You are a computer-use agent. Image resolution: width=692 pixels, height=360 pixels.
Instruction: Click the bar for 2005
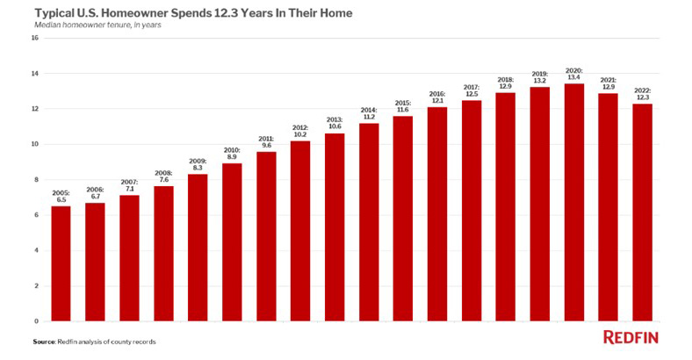61,263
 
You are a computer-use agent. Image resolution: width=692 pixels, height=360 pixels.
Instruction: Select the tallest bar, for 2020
573,202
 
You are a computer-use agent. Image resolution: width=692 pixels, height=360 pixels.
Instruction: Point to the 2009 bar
198,247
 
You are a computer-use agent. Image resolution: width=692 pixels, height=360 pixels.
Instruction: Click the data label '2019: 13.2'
539,76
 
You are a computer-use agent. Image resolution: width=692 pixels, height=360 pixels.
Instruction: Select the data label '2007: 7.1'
129,184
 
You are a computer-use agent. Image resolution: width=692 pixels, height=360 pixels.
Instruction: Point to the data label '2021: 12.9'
608,83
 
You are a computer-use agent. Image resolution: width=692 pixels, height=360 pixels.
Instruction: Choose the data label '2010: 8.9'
232,153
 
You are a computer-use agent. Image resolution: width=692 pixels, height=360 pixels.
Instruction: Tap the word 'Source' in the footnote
44,341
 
